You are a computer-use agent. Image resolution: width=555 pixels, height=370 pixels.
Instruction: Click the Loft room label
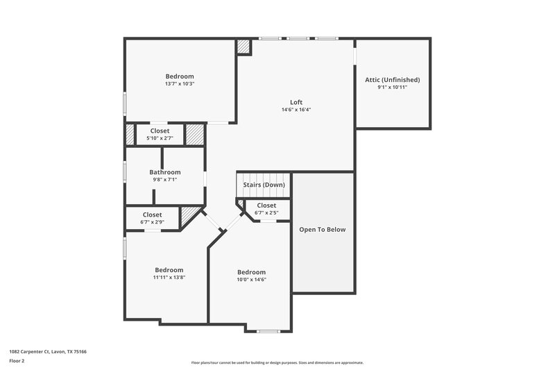click(x=296, y=102)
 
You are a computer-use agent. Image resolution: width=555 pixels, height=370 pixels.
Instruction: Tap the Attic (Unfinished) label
click(x=392, y=80)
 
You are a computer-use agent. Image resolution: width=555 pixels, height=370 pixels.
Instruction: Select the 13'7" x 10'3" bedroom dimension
click(x=179, y=84)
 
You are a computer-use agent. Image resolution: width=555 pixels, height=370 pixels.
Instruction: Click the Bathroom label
click(x=165, y=172)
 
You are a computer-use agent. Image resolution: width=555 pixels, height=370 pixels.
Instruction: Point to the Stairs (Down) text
click(x=264, y=185)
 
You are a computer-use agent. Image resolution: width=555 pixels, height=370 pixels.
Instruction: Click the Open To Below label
click(x=322, y=230)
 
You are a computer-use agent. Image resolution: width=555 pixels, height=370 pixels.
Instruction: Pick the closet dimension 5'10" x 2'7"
click(x=164, y=138)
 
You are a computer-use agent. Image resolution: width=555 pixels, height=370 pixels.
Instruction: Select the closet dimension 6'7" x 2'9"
click(x=152, y=222)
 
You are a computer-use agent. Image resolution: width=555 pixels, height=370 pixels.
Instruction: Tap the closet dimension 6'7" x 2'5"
click(x=266, y=212)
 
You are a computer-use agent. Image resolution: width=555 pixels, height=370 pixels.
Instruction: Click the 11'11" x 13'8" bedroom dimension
click(x=169, y=278)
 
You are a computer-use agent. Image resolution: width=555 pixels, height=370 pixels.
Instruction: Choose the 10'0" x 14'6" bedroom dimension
click(x=251, y=280)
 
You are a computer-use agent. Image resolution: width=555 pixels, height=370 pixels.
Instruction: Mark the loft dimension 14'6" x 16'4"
click(x=296, y=110)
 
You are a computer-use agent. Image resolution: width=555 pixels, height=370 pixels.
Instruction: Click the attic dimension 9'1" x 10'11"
click(x=392, y=87)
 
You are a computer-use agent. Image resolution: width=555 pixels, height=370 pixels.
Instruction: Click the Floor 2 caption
click(x=16, y=361)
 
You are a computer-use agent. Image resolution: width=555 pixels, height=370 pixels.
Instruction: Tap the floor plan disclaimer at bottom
click(x=277, y=362)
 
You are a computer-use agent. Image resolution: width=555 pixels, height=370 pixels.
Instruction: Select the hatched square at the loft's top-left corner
click(x=244, y=47)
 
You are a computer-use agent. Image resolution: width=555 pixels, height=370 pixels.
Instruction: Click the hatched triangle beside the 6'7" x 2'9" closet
click(x=189, y=217)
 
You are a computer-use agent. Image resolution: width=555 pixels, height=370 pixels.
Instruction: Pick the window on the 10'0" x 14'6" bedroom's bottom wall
click(x=268, y=331)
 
